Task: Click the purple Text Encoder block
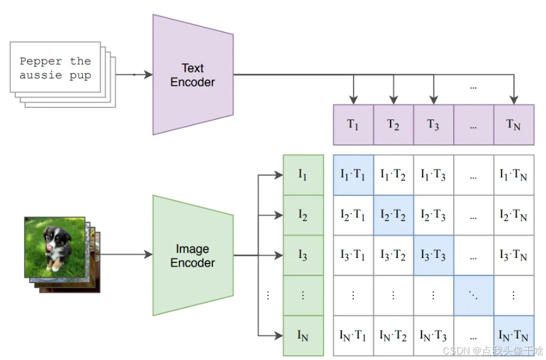pyautogui.click(x=192, y=75)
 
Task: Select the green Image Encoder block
pyautogui.click(x=192, y=256)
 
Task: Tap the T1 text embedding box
pyautogui.click(x=353, y=125)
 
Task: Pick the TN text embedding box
pyautogui.click(x=513, y=125)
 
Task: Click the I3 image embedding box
pyautogui.click(x=302, y=256)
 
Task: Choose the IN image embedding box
pyautogui.click(x=302, y=335)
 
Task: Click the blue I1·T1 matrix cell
pyautogui.click(x=353, y=175)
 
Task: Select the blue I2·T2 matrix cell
pyautogui.click(x=393, y=215)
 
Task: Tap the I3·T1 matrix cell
pyautogui.click(x=353, y=256)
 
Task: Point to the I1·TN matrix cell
pyautogui.click(x=513, y=175)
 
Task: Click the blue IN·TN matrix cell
pyautogui.click(x=513, y=335)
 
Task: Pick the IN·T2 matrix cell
pyautogui.click(x=393, y=335)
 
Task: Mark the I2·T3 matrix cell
pyautogui.click(x=433, y=215)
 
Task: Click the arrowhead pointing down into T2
pyautogui.click(x=393, y=99)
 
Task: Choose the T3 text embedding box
pyautogui.click(x=433, y=125)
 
